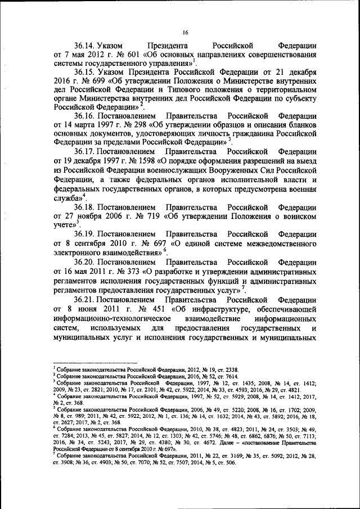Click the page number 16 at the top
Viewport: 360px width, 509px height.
coord(184,32)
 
